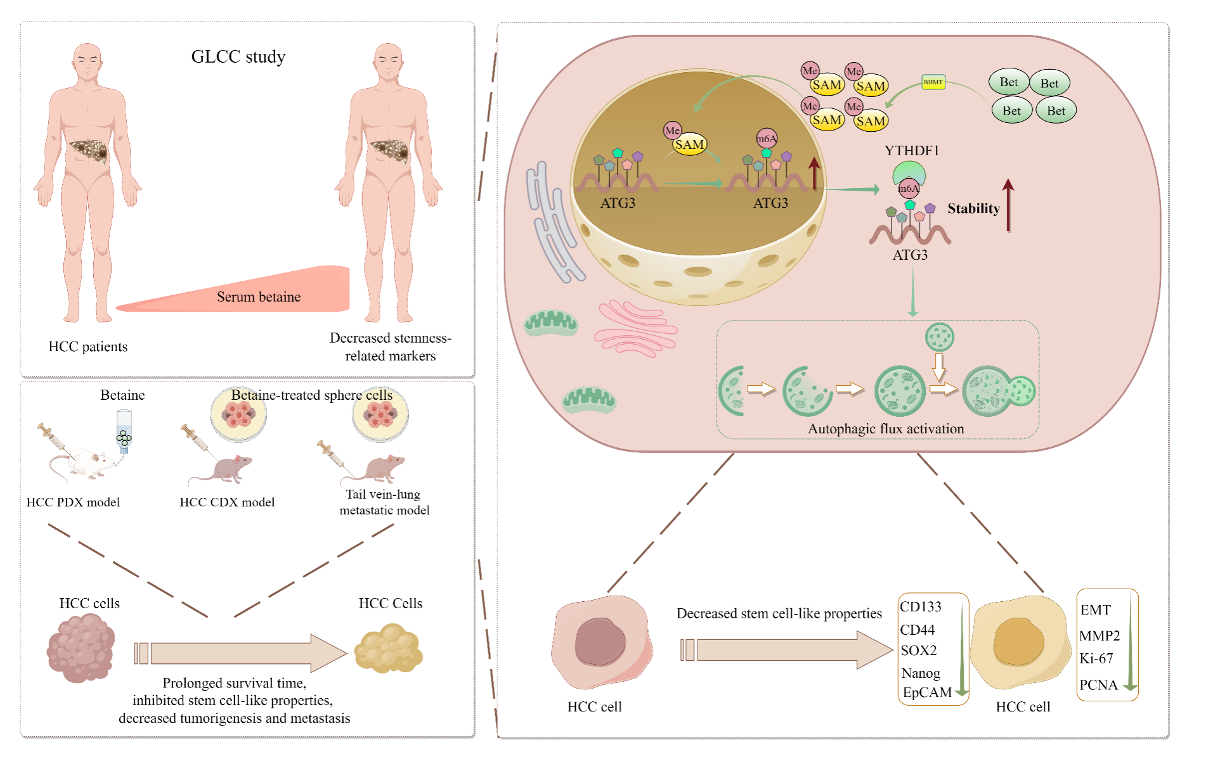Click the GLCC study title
pyautogui.click(x=238, y=57)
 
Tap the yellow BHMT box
pyautogui.click(x=933, y=82)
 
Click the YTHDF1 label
pyautogui.click(x=912, y=151)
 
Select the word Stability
pyautogui.click(x=973, y=208)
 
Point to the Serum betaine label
pyautogui.click(x=259, y=297)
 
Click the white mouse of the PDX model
pyautogui.click(x=82, y=462)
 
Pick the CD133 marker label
pyautogui.click(x=921, y=607)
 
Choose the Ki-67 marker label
pyautogui.click(x=1096, y=659)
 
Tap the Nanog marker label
pyautogui.click(x=921, y=673)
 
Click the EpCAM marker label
pyautogui.click(x=927, y=692)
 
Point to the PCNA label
pyautogui.click(x=1098, y=685)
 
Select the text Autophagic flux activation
pyautogui.click(x=886, y=429)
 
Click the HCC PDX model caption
pyautogui.click(x=73, y=502)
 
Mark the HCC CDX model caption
pyautogui.click(x=227, y=502)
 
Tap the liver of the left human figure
pyautogui.click(x=89, y=151)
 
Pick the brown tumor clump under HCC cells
pyautogui.click(x=81, y=649)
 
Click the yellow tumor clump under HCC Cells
pyautogui.click(x=389, y=649)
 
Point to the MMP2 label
pyautogui.click(x=1099, y=635)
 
